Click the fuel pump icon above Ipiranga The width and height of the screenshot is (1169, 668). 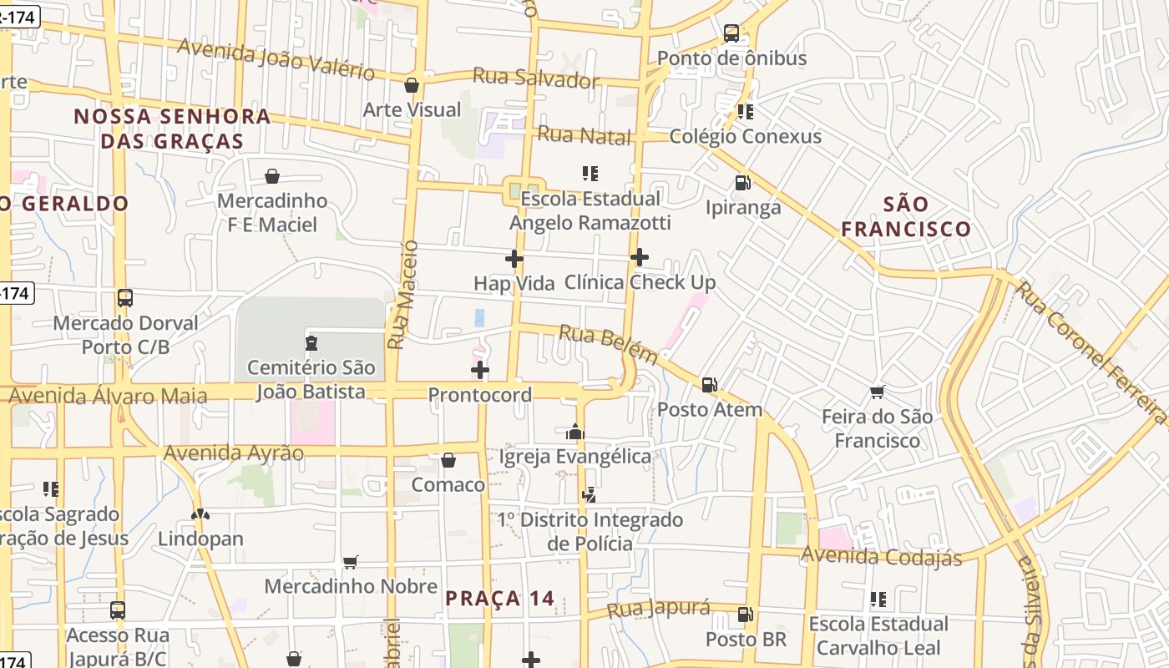[742, 183]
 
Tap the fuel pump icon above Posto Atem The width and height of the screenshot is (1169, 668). [710, 385]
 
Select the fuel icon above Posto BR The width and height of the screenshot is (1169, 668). [745, 615]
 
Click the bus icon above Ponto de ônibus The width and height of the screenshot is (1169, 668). [731, 33]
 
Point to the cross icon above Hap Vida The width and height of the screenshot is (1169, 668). [514, 259]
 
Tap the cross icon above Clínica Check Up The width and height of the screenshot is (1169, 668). [640, 257]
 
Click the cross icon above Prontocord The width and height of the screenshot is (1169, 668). [480, 370]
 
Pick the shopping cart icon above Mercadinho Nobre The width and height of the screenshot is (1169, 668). [351, 562]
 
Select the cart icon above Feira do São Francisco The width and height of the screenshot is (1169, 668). [877, 392]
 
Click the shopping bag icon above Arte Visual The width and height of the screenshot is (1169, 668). [412, 85]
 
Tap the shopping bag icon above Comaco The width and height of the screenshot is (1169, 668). [448, 460]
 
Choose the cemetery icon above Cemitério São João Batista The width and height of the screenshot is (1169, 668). [311, 342]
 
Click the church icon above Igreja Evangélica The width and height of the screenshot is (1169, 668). [574, 432]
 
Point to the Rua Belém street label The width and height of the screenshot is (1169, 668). [608, 343]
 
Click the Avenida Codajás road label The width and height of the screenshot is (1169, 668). [882, 556]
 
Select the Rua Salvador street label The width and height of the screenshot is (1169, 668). [536, 78]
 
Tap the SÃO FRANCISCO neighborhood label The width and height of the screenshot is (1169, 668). [906, 216]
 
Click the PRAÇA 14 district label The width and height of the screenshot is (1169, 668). [499, 599]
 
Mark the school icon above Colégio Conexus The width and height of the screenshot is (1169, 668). [746, 111]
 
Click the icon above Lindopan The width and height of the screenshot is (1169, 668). [200, 514]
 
